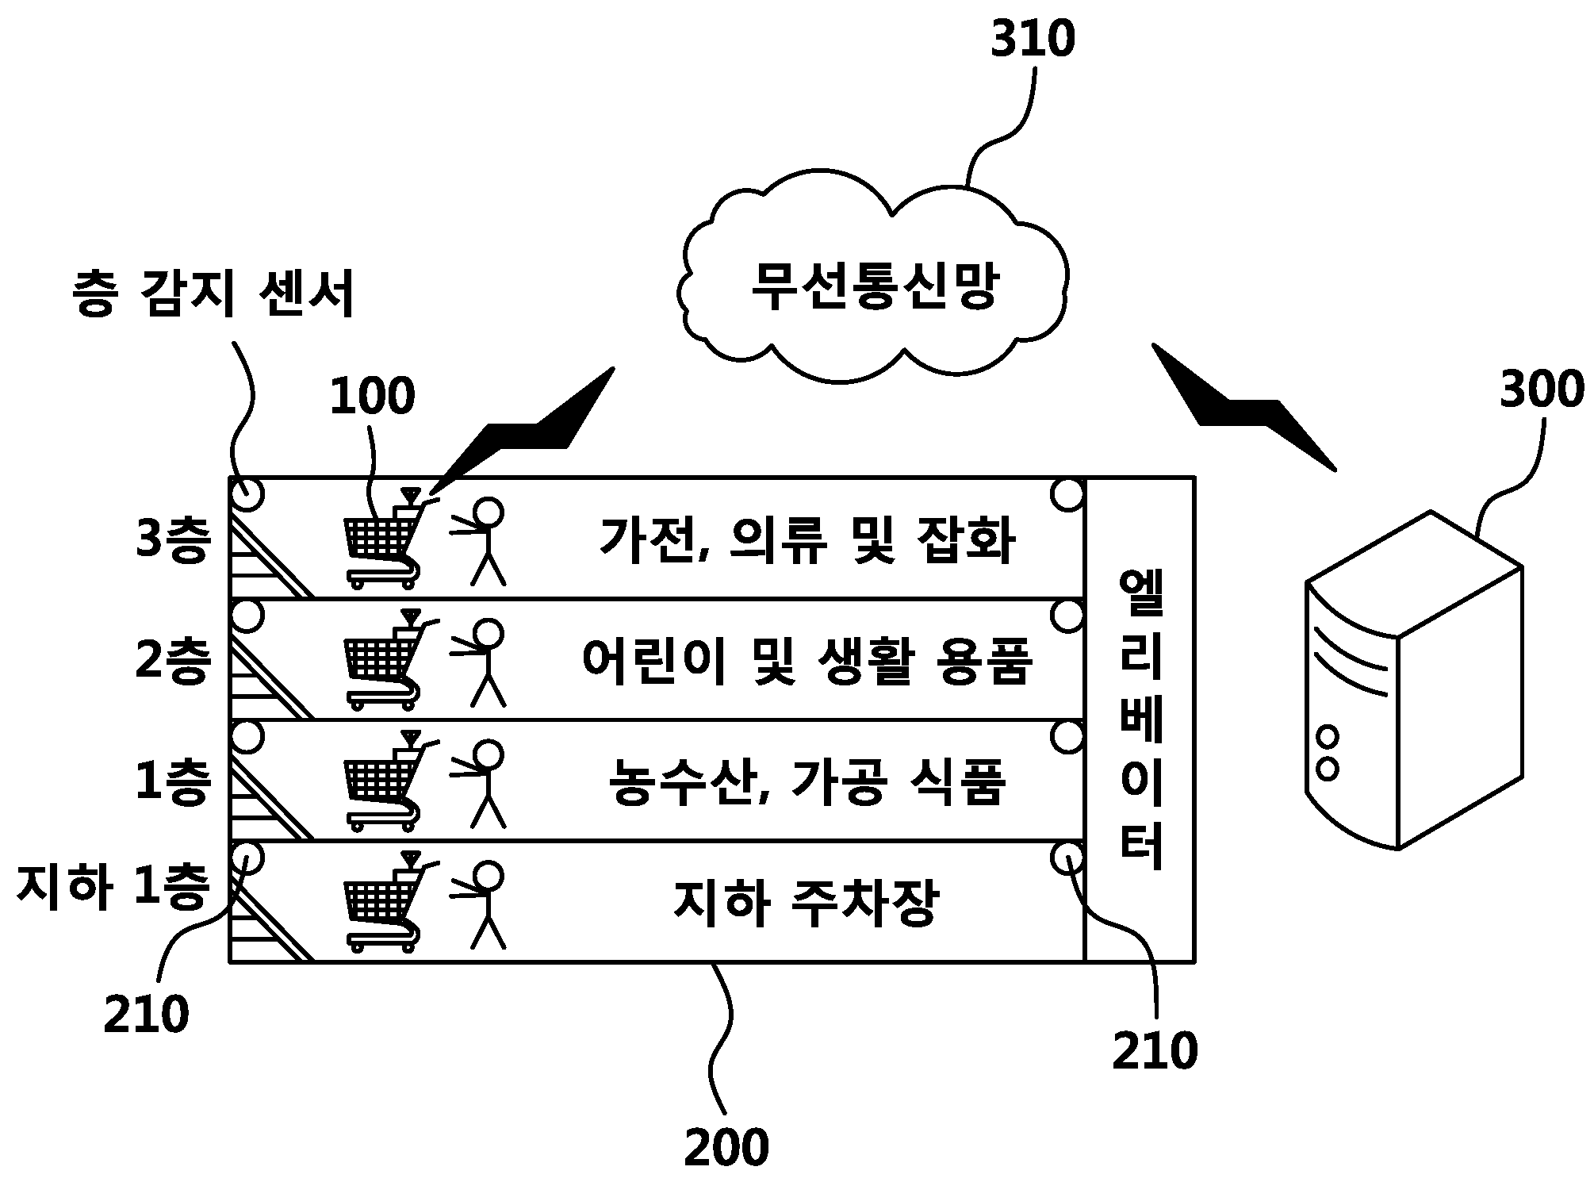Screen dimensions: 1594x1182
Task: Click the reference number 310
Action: click(x=1033, y=40)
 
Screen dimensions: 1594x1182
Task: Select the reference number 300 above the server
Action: click(x=1541, y=390)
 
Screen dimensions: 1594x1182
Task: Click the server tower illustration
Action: click(x=1413, y=680)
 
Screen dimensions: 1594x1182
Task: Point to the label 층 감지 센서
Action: click(x=214, y=294)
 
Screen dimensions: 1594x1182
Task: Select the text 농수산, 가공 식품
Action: click(x=807, y=782)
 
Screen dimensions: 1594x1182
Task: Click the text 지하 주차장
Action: click(x=806, y=904)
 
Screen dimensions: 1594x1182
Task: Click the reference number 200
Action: click(x=726, y=1147)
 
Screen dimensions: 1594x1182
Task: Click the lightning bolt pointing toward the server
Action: click(x=1243, y=407)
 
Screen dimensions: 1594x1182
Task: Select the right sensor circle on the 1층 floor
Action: click(x=1067, y=737)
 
